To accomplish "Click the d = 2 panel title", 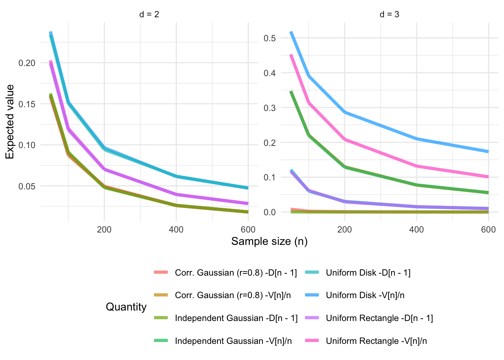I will [149, 15].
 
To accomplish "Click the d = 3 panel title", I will [389, 15].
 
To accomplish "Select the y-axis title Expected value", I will [10, 122].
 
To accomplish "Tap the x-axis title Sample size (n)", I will [269, 241].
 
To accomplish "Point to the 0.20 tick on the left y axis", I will [27, 63].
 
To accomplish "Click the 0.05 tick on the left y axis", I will [27, 186].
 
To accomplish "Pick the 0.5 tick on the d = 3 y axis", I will [270, 38].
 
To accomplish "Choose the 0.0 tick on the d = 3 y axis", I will [270, 212].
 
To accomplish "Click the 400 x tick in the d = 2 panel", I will [176, 229].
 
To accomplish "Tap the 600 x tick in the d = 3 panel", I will [488, 229].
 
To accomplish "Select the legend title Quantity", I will [126, 307].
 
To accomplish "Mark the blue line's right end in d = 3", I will [488, 151].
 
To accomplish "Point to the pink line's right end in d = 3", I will [488, 177].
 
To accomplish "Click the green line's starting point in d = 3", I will [291, 91].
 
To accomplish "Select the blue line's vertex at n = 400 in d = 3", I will [416, 139].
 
